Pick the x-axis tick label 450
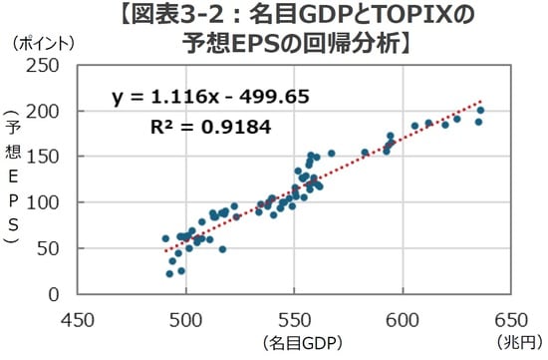point(76,321)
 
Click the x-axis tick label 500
point(185,321)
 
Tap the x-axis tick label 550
point(295,321)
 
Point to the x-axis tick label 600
point(404,321)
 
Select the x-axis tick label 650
point(513,321)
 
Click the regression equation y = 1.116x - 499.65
point(211,97)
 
